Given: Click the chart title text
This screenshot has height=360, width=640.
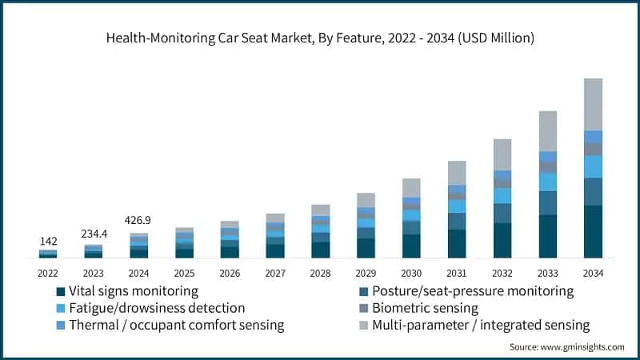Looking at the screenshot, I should pos(320,38).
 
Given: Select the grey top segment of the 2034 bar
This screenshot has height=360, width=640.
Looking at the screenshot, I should pos(593,104).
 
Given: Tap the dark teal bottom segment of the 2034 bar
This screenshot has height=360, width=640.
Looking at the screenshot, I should pos(593,232).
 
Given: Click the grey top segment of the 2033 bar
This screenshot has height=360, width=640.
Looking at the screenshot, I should pos(547,131).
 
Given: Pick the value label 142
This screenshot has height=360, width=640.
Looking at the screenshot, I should pos(48,241).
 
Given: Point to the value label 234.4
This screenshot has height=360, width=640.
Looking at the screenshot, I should pos(94,234).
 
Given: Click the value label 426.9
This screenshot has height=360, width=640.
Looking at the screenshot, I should pos(139,220).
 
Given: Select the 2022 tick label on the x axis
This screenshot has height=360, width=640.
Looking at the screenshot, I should pos(48,273).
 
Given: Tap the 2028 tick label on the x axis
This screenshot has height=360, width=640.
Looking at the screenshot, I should pos(320,273).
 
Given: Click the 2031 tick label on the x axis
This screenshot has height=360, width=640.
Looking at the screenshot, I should pos(457,273).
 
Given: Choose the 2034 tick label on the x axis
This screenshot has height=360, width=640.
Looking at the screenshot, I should pos(593,273).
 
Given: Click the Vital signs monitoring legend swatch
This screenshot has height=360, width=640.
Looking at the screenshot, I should pos(60,291).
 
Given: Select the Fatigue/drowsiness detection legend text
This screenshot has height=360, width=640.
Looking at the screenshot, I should pos(157,308).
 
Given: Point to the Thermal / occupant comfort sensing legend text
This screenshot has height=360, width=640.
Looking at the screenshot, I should pos(177,326).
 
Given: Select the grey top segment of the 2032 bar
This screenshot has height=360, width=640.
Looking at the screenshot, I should pos(502,154).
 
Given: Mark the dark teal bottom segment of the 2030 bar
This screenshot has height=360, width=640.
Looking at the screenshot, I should pos(411,246).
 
